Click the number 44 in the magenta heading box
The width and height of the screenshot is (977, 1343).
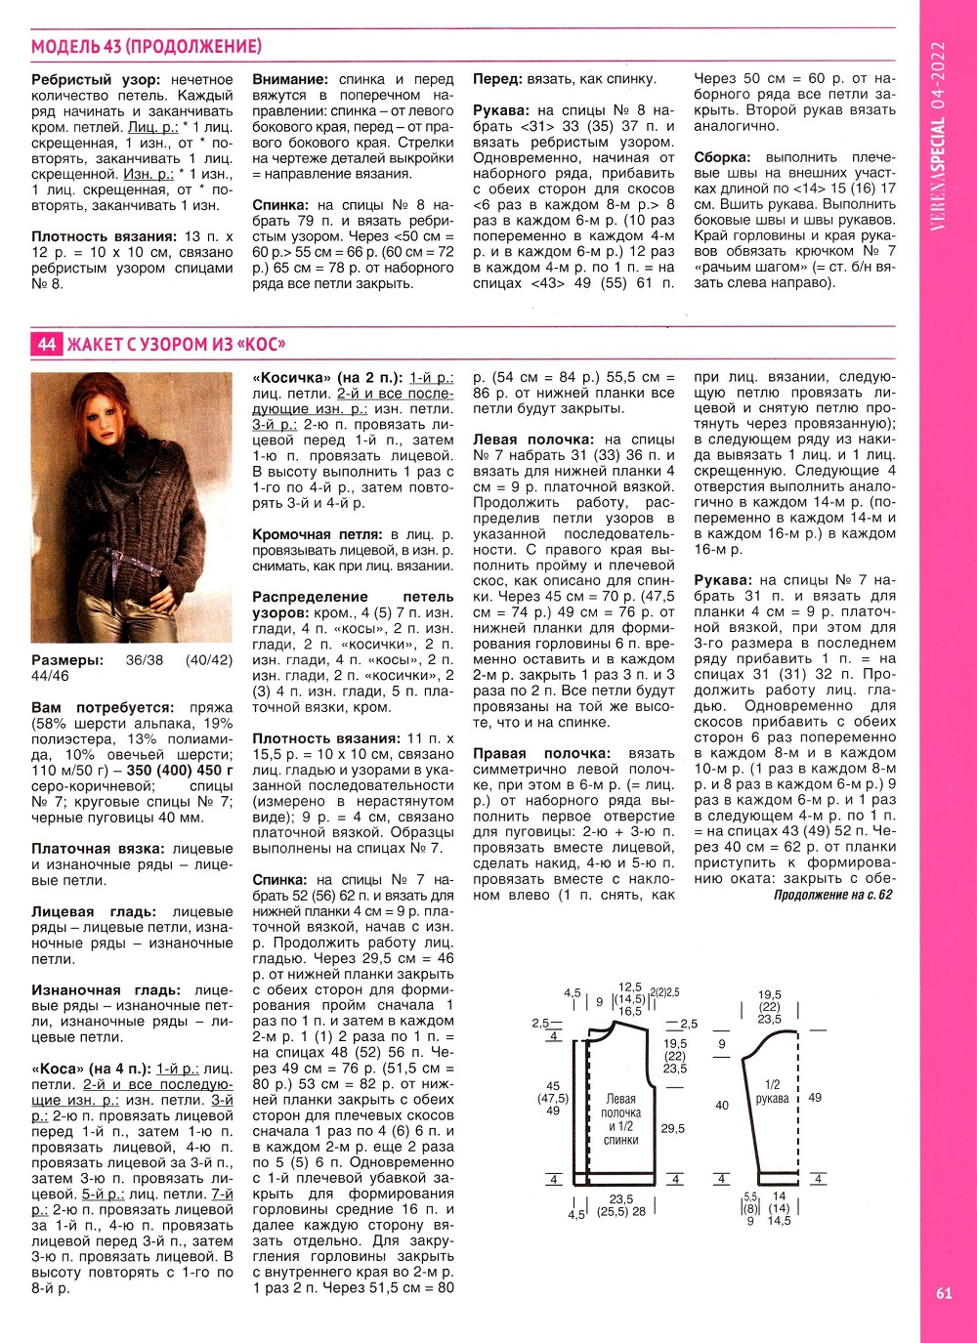tap(47, 344)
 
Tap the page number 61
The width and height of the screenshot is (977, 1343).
tap(943, 1293)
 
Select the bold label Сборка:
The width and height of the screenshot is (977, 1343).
tap(722, 157)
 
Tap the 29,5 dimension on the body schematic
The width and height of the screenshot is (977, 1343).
tap(672, 1128)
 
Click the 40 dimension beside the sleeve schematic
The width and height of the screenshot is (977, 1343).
tap(722, 1106)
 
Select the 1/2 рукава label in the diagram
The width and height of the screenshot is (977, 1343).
tap(772, 1091)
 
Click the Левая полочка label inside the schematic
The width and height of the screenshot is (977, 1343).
tap(620, 1106)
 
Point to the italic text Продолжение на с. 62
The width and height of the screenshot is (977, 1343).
tap(832, 894)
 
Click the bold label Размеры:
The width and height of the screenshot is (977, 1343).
tap(66, 660)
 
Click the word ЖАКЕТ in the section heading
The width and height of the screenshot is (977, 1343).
tap(95, 344)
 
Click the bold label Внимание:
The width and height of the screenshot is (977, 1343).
tap(290, 79)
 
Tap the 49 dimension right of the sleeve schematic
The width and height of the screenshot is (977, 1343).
tap(815, 1097)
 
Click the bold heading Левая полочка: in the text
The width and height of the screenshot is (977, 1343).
tap(532, 440)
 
